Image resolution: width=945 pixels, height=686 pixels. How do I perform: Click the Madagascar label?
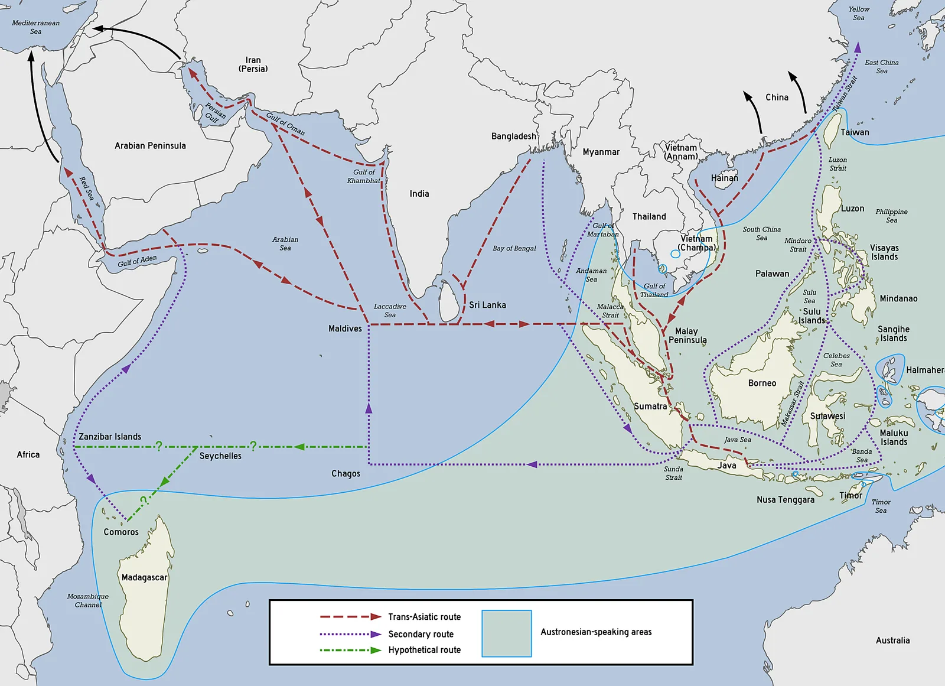click(x=144, y=577)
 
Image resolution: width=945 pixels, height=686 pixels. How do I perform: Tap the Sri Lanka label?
click(x=487, y=305)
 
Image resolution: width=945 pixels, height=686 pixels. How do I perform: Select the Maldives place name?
click(x=345, y=329)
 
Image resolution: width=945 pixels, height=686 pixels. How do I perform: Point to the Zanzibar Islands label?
click(x=110, y=437)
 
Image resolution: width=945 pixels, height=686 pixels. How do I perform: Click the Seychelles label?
click(x=220, y=456)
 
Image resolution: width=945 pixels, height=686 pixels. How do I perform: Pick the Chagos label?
click(x=346, y=473)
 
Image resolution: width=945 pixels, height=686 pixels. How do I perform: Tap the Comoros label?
click(x=121, y=532)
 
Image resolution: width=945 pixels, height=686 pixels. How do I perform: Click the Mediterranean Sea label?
click(x=36, y=27)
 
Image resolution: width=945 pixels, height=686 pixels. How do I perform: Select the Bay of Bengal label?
click(x=514, y=248)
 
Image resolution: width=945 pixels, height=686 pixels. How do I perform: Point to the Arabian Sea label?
click(x=285, y=243)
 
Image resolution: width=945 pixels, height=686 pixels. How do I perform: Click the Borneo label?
click(x=762, y=383)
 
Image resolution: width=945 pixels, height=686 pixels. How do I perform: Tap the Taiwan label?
click(x=855, y=132)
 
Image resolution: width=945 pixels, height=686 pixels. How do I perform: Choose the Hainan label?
click(x=724, y=178)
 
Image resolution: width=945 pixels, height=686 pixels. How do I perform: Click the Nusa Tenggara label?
click(x=786, y=500)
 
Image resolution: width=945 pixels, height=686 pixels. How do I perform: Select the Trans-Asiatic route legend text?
click(x=424, y=617)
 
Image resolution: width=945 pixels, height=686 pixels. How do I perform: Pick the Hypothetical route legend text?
click(x=424, y=650)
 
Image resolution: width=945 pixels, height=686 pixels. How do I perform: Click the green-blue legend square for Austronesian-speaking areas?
click(x=507, y=633)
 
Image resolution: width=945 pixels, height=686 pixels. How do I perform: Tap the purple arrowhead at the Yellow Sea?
click(x=858, y=47)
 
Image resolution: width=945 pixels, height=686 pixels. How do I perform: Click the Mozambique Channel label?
click(x=88, y=600)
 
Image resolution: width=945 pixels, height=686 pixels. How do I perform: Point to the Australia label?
click(x=892, y=641)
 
